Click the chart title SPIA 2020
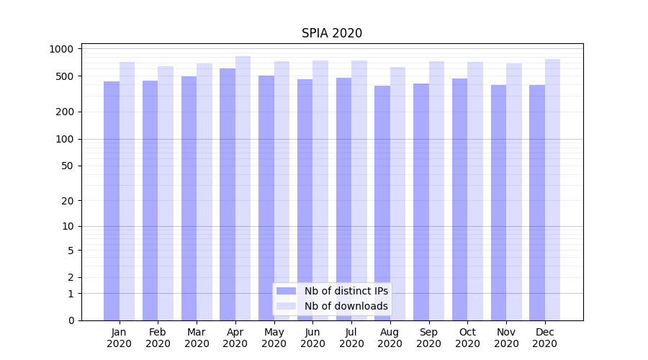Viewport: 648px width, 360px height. [331, 33]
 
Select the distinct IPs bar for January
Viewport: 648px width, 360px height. [112, 202]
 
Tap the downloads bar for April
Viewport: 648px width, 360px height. [243, 187]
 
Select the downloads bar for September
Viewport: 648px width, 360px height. [437, 191]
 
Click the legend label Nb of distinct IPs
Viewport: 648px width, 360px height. [346, 291]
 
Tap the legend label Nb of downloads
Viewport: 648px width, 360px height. [346, 306]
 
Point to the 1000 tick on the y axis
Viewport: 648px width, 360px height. [62, 49]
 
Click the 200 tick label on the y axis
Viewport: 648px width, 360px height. [66, 112]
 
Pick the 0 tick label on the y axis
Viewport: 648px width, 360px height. [71, 320]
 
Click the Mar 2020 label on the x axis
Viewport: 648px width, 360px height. [197, 338]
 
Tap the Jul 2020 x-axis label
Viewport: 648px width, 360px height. [351, 338]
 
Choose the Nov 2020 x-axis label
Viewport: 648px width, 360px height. [506, 338]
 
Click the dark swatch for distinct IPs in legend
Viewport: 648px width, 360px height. [286, 291]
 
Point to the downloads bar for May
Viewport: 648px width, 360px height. [282, 191]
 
